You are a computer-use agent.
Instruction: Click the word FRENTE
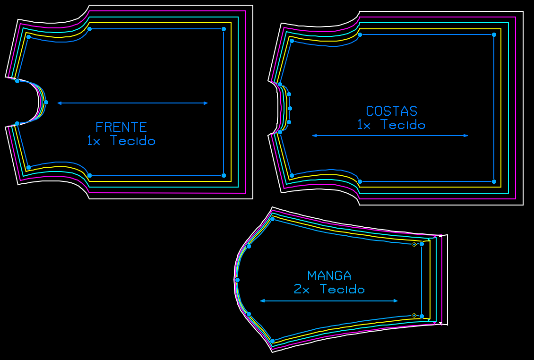[x=121, y=127]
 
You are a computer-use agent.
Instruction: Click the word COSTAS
[x=391, y=111]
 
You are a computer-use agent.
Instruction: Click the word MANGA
[x=329, y=275]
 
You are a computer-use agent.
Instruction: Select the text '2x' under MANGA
[x=301, y=289]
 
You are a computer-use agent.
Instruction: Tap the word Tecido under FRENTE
[x=133, y=141]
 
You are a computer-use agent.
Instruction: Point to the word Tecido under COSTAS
[x=403, y=125]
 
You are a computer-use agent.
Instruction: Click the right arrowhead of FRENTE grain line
[x=206, y=103]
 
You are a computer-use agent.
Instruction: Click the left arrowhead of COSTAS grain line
[x=314, y=136]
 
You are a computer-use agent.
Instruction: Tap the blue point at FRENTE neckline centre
[x=46, y=102]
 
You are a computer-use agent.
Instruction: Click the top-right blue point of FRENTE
[x=224, y=29]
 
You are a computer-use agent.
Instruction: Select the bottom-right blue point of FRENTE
[x=224, y=175]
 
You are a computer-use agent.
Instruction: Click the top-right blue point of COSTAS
[x=494, y=34]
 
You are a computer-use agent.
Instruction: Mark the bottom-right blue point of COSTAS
[x=494, y=181]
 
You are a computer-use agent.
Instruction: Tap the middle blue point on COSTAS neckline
[x=290, y=108]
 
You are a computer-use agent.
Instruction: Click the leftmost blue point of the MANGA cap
[x=237, y=280]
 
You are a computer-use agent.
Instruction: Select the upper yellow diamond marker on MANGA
[x=414, y=244]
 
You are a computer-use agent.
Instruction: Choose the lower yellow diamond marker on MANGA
[x=414, y=315]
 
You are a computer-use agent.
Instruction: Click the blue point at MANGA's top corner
[x=272, y=219]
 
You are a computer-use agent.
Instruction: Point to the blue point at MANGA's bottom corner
[x=272, y=341]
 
